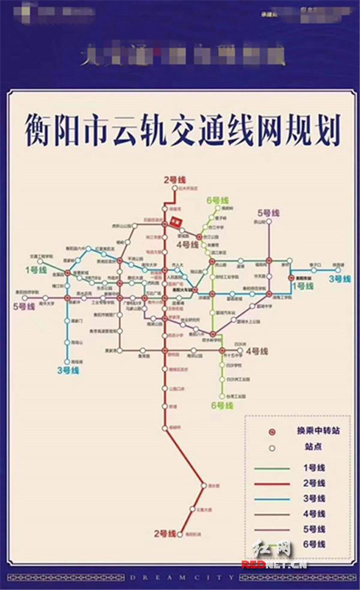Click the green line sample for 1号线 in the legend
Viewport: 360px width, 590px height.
(272, 468)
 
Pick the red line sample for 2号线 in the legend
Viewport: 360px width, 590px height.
(272, 483)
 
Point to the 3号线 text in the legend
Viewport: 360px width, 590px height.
(314, 498)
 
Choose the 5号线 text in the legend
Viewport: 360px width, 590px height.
(314, 529)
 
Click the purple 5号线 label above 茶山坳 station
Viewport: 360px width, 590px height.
(269, 213)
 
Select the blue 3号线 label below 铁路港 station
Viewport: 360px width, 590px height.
(339, 278)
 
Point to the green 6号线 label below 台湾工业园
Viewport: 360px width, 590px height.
(220, 405)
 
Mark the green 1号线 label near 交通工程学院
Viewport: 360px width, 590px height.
(35, 270)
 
